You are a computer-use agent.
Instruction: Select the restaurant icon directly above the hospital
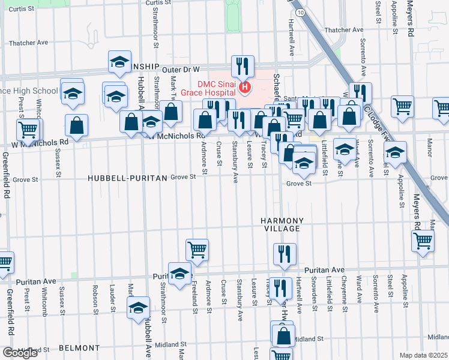coord(243,66)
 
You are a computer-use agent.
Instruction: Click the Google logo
coord(20,352)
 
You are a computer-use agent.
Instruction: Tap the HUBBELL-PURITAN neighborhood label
coord(126,178)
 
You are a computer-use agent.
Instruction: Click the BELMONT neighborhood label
coord(79,348)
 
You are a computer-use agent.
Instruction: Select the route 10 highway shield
coord(300,12)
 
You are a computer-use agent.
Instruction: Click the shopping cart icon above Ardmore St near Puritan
coord(197,250)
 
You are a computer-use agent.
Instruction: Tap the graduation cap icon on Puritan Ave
coord(179,274)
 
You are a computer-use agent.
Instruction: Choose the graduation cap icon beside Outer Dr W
coord(120,62)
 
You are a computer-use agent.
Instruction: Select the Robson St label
coord(95,299)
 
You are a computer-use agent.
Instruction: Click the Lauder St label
coord(112,299)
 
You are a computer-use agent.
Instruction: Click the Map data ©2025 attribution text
coord(424,355)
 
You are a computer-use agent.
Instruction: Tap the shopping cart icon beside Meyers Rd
coord(423,241)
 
